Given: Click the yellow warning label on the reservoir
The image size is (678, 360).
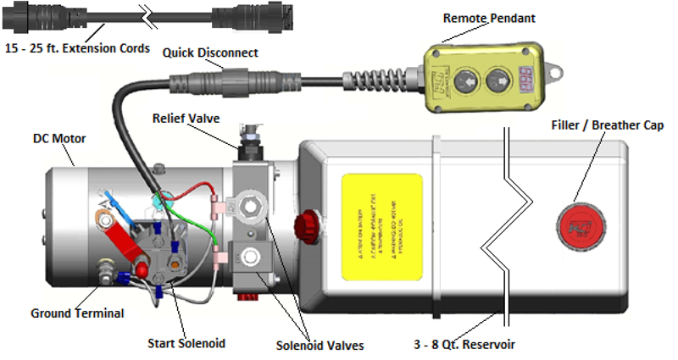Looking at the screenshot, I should (x=381, y=228).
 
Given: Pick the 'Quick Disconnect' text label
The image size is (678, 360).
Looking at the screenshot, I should (x=211, y=53).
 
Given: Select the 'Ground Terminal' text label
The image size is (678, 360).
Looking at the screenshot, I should (x=77, y=313).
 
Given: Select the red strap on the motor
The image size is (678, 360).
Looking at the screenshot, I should (x=126, y=251).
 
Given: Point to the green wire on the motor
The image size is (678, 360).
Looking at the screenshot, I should (x=199, y=221).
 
